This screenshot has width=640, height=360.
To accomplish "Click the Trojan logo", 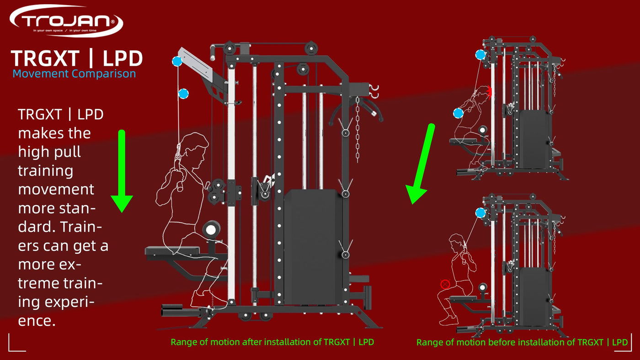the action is tap(66, 21).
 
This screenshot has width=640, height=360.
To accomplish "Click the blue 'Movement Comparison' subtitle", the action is tap(74, 74).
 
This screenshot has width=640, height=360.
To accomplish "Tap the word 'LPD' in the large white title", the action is tap(123, 58).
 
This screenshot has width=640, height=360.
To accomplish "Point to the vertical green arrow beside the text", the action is tap(122, 171).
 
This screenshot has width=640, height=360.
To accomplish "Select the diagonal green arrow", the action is tap(420, 164).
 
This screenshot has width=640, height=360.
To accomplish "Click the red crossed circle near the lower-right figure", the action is tap(445, 284).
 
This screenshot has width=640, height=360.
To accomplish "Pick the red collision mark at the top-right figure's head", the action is tap(489, 92).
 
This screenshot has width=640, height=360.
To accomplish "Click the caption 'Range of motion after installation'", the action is tap(272, 342).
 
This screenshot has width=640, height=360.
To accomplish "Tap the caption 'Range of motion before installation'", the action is tap(522, 342).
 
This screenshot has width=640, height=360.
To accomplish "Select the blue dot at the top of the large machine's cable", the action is tap(177, 61).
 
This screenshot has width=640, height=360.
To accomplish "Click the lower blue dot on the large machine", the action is tap(183, 94).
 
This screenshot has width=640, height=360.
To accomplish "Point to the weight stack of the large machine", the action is tap(313, 247).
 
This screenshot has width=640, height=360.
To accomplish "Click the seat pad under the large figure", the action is tap(172, 251).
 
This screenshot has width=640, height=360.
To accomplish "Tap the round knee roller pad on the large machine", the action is tap(211, 229).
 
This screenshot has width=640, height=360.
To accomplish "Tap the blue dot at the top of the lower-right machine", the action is tap(480, 213).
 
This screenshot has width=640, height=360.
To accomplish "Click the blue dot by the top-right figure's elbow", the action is tap(458, 113).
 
